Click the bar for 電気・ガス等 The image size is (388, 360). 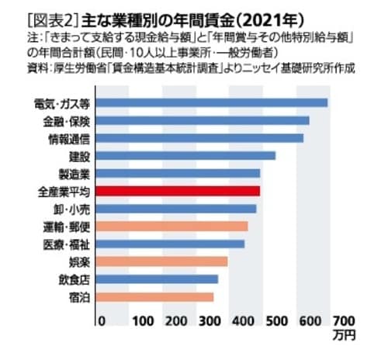click(213, 102)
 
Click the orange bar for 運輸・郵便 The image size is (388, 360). click(172, 227)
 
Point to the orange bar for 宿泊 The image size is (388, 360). click(155, 296)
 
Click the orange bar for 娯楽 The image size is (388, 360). click(162, 261)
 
